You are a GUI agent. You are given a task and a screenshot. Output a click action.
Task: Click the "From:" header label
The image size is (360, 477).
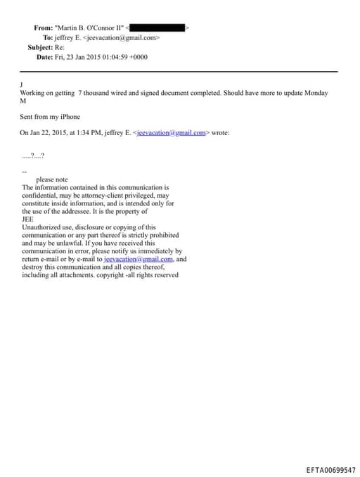tap(43, 27)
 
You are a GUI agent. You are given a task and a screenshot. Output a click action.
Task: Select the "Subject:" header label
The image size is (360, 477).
tap(40, 47)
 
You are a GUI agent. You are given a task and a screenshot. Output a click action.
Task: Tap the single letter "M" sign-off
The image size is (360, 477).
tap(22, 101)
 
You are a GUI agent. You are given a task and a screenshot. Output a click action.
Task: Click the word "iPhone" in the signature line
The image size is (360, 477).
tap(70, 117)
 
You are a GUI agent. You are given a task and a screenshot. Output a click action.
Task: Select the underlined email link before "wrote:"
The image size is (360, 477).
tap(169, 132)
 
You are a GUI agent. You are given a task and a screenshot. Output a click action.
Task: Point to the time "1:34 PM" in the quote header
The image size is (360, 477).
tap(83, 132)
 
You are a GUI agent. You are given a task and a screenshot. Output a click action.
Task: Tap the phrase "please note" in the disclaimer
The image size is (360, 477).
tap(51, 180)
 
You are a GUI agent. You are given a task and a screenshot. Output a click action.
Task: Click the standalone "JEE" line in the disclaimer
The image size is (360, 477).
tap(27, 220)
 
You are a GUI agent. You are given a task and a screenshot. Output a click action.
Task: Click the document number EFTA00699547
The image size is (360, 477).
tap(331, 469)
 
